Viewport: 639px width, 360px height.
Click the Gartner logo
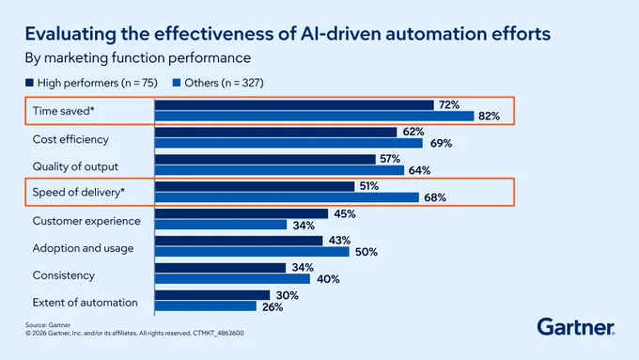pos(576,326)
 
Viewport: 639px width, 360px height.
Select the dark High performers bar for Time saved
pos(294,105)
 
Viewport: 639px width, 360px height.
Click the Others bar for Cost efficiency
pos(288,143)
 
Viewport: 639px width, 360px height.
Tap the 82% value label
pos(489,117)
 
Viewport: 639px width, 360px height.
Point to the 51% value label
pos(368,186)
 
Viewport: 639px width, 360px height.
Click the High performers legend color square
pos(29,83)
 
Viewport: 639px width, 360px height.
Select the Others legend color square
pos(177,83)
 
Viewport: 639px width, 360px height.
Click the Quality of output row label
pos(75,166)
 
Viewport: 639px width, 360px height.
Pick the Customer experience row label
pos(86,221)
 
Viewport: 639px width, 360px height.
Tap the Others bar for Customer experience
pos(221,225)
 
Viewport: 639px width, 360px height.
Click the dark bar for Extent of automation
pos(212,295)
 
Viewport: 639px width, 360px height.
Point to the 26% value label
pos(273,307)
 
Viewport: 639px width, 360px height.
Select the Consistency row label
pos(64,275)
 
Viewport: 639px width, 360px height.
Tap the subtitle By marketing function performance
pos(138,58)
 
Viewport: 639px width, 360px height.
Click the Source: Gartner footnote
pos(48,325)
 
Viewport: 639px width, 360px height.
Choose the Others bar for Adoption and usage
pos(252,252)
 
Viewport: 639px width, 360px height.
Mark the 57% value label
pos(390,159)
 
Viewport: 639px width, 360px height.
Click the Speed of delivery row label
pos(79,192)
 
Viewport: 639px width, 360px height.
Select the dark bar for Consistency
pos(220,268)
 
